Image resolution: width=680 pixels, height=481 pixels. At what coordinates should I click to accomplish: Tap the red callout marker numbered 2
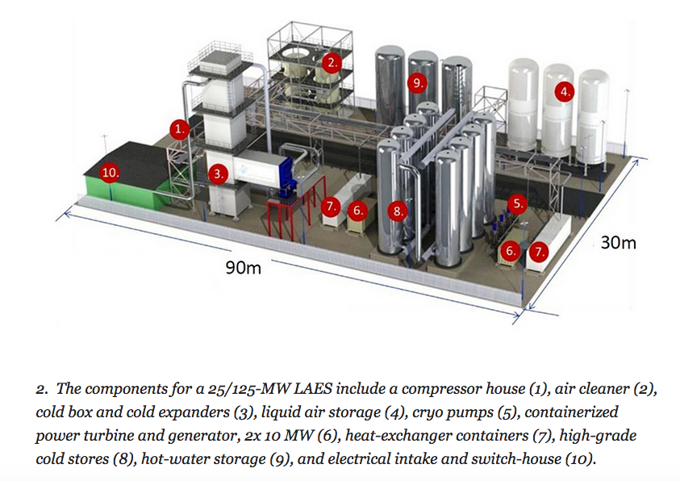331,62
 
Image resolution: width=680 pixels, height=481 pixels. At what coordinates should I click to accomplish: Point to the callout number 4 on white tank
565,92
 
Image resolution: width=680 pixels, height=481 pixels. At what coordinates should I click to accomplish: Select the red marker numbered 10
110,172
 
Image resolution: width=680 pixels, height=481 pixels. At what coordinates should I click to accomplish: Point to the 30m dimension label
619,241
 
